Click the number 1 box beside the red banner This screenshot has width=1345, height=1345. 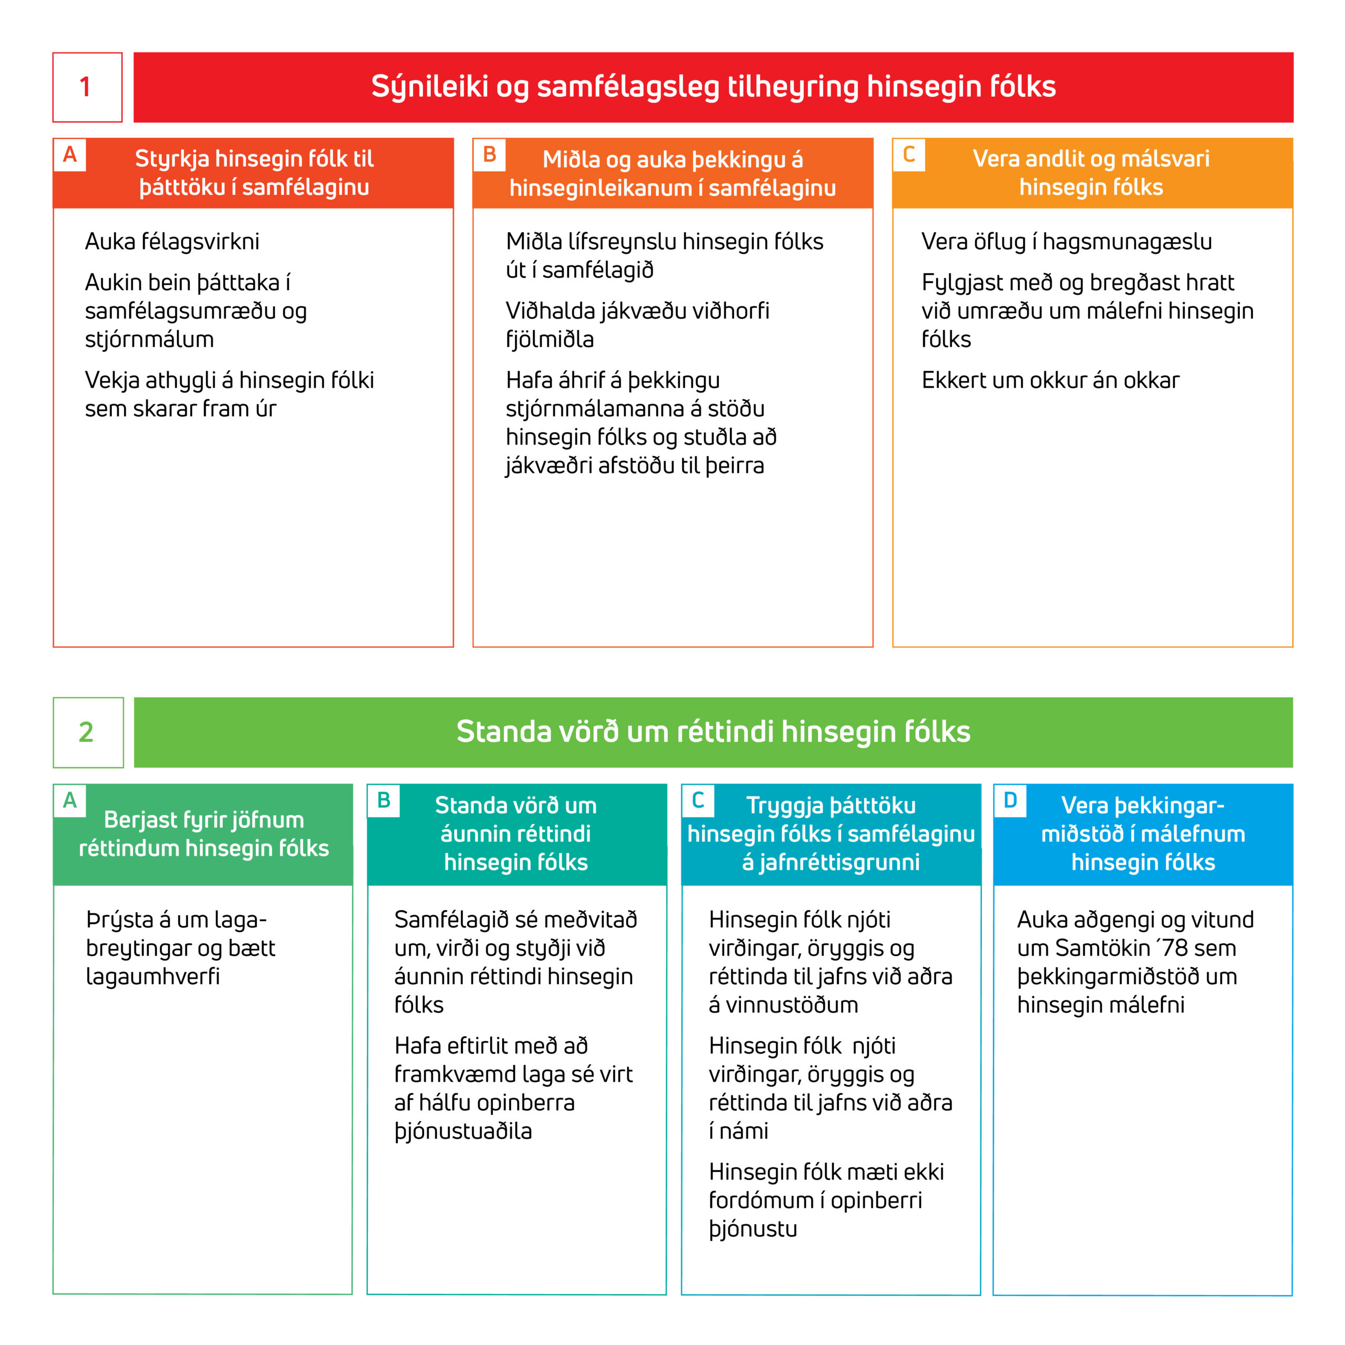(x=87, y=87)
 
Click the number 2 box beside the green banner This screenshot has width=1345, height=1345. (x=88, y=732)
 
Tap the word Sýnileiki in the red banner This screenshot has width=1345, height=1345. (x=429, y=87)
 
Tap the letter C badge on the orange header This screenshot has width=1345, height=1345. (x=908, y=154)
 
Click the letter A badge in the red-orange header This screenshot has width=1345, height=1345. (x=70, y=154)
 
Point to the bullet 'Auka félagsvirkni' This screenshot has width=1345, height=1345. (x=172, y=242)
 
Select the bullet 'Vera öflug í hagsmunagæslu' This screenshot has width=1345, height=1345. (x=1066, y=242)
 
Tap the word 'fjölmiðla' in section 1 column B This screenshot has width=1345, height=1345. (x=549, y=340)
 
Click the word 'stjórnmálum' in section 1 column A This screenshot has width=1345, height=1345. (x=149, y=340)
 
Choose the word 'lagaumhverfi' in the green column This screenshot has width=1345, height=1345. (x=152, y=977)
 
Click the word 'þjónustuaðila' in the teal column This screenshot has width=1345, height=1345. (x=463, y=1131)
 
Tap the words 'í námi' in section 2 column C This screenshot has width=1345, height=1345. (x=738, y=1131)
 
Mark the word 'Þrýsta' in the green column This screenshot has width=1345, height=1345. (x=120, y=919)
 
